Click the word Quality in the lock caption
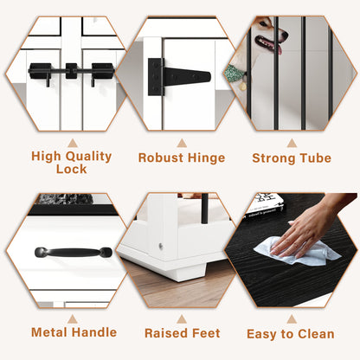[88, 157]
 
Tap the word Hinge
[206, 157]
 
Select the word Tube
[315, 158]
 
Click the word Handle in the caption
[95, 332]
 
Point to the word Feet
[206, 333]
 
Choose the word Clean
[316, 334]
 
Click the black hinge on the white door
[179, 77]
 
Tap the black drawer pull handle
[74, 253]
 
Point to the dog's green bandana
[235, 73]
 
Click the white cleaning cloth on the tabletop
[297, 251]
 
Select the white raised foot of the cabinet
[187, 272]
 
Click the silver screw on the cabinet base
[161, 246]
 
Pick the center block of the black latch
[71, 71]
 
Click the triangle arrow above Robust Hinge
[182, 144]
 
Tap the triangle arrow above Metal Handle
[73, 319]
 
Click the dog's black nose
[285, 36]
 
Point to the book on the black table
[265, 206]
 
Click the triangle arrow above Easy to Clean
[292, 319]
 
